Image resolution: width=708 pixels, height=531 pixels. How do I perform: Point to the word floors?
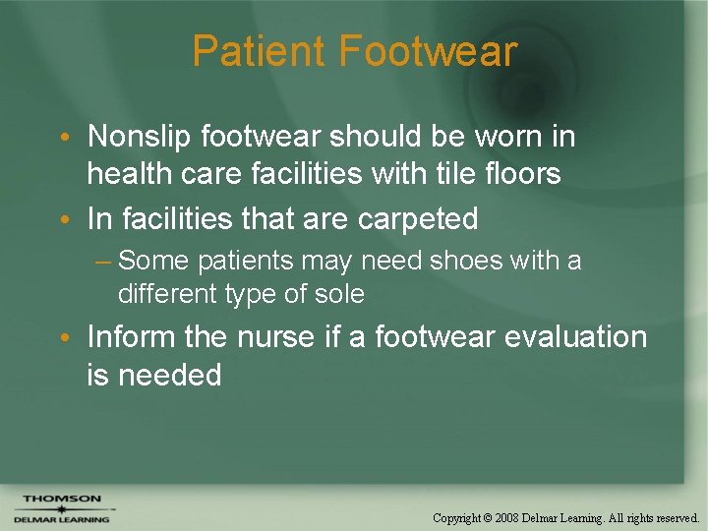[525, 174]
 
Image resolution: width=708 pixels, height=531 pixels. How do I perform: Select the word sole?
[342, 293]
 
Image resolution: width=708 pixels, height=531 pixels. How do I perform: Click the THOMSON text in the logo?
[62, 499]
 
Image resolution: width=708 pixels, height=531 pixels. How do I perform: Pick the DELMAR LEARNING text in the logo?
[62, 519]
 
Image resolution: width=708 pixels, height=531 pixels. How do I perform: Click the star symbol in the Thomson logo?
[61, 508]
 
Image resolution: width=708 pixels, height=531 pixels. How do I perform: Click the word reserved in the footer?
[675, 517]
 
